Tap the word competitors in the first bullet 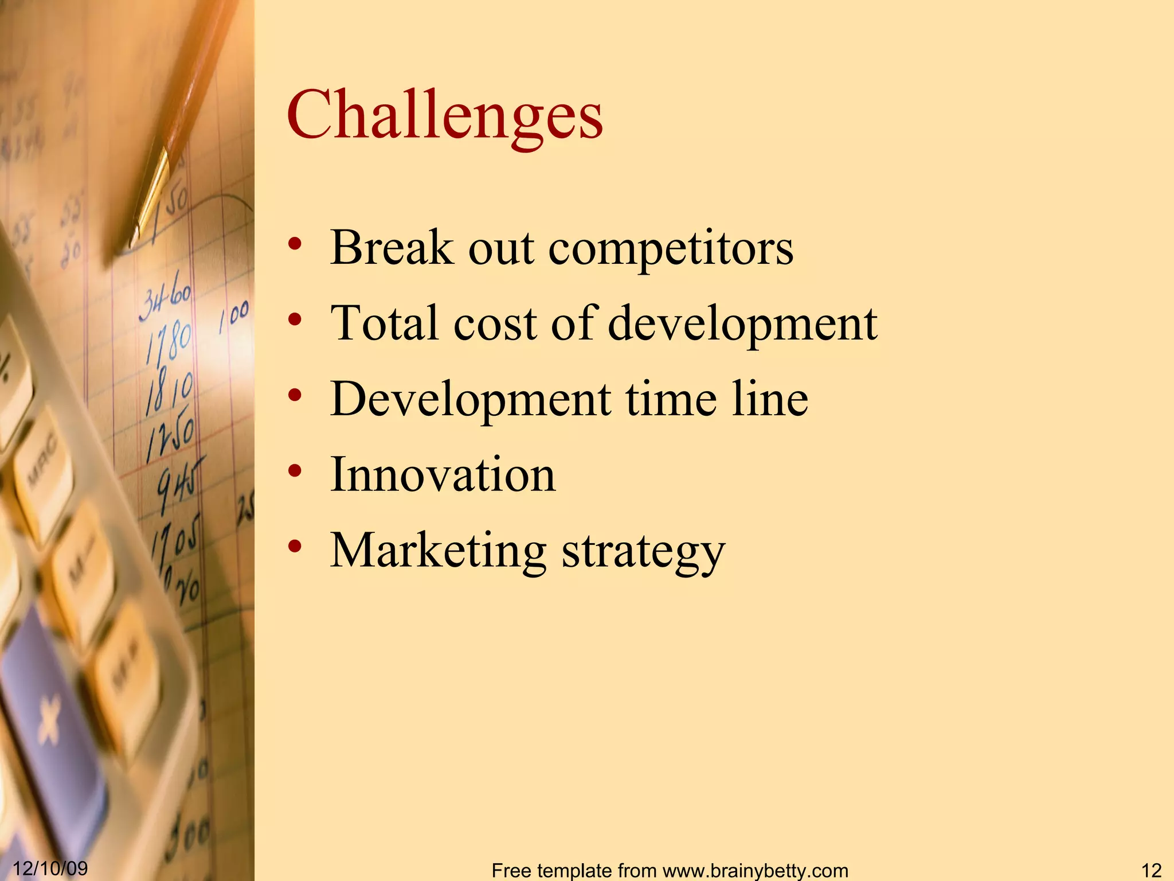(671, 248)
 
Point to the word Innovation (443, 474)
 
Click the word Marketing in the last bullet (439, 551)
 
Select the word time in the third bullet (671, 399)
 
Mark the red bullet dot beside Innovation (295, 471)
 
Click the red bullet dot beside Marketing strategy (295, 547)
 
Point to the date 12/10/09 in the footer (50, 868)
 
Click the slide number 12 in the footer (1151, 870)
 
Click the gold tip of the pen (150, 195)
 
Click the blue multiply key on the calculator (48, 723)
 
